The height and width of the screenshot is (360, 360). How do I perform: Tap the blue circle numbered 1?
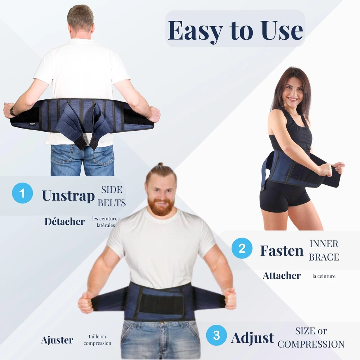pyautogui.click(x=22, y=193)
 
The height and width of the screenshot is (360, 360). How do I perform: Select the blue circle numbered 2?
pyautogui.click(x=242, y=248)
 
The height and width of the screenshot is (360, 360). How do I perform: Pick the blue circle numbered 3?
pyautogui.click(x=216, y=336)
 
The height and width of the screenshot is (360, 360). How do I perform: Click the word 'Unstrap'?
pyautogui.click(x=68, y=196)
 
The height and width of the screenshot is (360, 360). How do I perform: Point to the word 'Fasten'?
pyautogui.click(x=282, y=251)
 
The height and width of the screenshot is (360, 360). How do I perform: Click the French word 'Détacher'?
pyautogui.click(x=65, y=221)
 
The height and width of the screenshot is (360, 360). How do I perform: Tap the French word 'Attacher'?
pyautogui.click(x=282, y=276)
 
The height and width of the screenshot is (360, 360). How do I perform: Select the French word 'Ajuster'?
pyautogui.click(x=57, y=341)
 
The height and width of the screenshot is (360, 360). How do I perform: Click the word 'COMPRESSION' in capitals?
pyautogui.click(x=311, y=344)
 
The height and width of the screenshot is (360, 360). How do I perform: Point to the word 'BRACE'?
pyautogui.click(x=324, y=257)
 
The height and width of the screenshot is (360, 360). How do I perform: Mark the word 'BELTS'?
pyautogui.click(x=112, y=203)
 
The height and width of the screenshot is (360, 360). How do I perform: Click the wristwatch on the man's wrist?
pyautogui.click(x=13, y=112)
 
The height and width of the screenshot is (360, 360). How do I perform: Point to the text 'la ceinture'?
pyautogui.click(x=324, y=276)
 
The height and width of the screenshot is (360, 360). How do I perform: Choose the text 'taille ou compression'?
pyautogui.click(x=97, y=340)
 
